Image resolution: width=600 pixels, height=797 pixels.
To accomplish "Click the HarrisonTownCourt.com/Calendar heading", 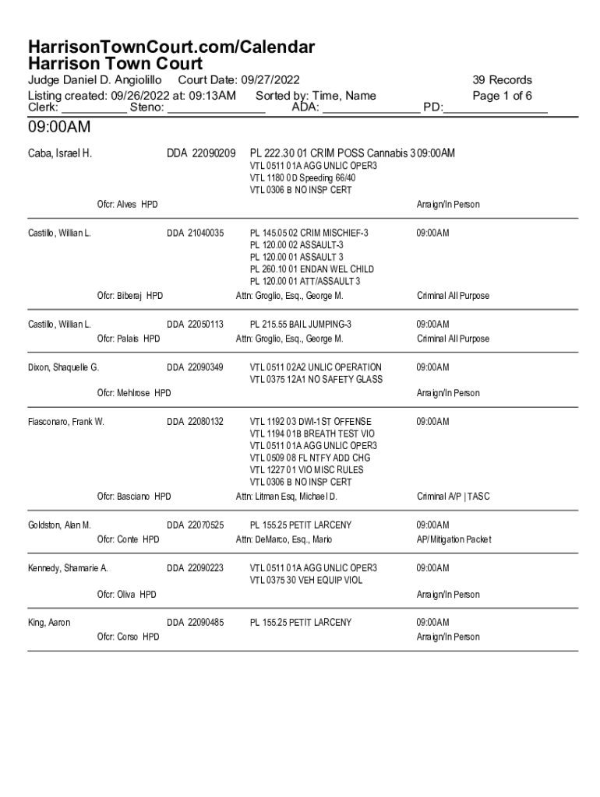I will pos(171,47).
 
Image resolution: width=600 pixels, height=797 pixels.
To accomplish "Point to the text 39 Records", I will pos(502,80).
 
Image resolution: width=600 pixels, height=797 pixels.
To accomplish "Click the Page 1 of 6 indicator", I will pos(502,96).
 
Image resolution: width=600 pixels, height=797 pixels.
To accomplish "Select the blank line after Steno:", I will pos(216,109).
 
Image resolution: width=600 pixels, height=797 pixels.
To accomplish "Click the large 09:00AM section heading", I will pos(59,126).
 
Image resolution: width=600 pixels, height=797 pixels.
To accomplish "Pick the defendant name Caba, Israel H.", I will pos(60,153).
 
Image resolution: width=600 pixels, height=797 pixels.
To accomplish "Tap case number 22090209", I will pos(210,153).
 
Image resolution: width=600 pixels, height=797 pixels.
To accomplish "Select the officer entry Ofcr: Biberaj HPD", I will pos(130,296).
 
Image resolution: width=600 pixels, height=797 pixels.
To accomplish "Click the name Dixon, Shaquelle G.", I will pos(63,367).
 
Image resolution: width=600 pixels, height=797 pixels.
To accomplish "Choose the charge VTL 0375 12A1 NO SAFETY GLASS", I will pos(316,380).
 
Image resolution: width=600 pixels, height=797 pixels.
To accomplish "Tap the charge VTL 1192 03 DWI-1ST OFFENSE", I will pos(310,422).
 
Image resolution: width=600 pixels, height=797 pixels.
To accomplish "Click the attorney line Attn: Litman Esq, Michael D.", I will pos(287,497).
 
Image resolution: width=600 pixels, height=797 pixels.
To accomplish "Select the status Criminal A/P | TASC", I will pos(453,497).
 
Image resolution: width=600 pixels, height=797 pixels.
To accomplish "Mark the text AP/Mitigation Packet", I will pos(454,540).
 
